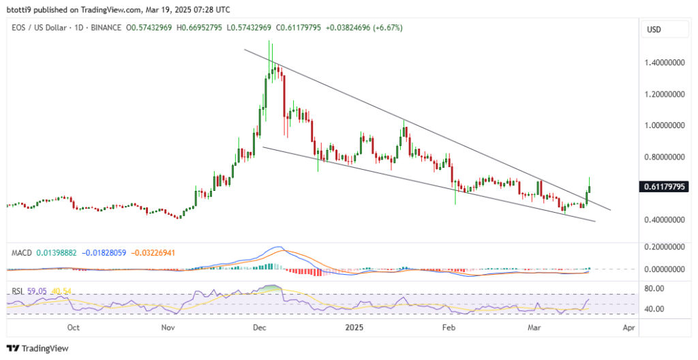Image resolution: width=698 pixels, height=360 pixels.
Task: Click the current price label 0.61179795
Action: [664, 186]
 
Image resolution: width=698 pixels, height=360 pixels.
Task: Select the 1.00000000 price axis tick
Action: [664, 125]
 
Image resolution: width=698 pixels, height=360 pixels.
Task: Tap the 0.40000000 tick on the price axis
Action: [664, 220]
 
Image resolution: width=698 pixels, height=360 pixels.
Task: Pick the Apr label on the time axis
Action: [628, 327]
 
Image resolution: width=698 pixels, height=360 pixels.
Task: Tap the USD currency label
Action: [654, 30]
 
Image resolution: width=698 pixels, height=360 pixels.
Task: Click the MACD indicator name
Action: [22, 252]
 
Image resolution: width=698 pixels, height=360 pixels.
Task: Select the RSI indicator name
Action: [18, 290]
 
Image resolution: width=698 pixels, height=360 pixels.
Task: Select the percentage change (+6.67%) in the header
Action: [386, 27]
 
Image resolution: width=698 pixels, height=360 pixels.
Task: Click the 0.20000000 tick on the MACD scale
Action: [664, 247]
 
